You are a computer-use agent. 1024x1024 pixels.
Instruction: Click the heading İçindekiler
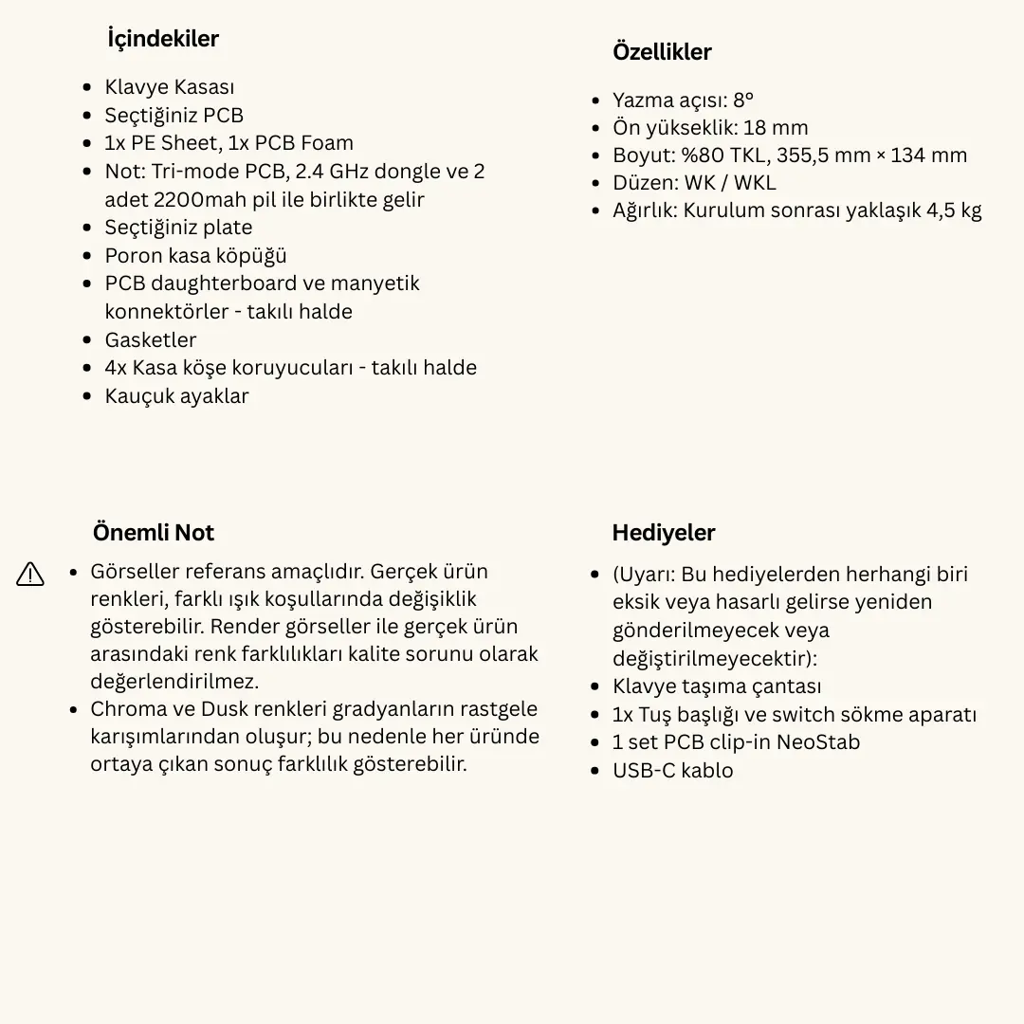click(163, 39)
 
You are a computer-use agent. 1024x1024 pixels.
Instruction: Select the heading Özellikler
click(662, 52)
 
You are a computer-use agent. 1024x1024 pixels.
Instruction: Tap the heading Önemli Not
click(154, 533)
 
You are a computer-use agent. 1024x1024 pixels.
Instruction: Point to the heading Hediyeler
click(664, 533)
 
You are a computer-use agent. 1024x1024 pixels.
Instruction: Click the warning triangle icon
click(30, 574)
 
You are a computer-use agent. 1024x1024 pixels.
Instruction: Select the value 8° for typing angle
click(743, 101)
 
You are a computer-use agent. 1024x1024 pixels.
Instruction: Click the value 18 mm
click(776, 128)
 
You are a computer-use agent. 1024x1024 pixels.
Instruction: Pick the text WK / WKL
click(729, 183)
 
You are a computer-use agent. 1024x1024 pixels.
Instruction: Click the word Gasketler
click(151, 340)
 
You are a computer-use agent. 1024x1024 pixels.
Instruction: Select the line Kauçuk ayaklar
click(176, 396)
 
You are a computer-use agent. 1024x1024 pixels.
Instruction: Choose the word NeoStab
click(818, 742)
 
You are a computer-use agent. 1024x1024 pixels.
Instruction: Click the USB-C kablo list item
click(672, 771)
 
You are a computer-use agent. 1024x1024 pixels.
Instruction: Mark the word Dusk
click(224, 709)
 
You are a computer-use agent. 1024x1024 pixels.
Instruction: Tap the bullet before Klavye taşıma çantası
click(594, 686)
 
